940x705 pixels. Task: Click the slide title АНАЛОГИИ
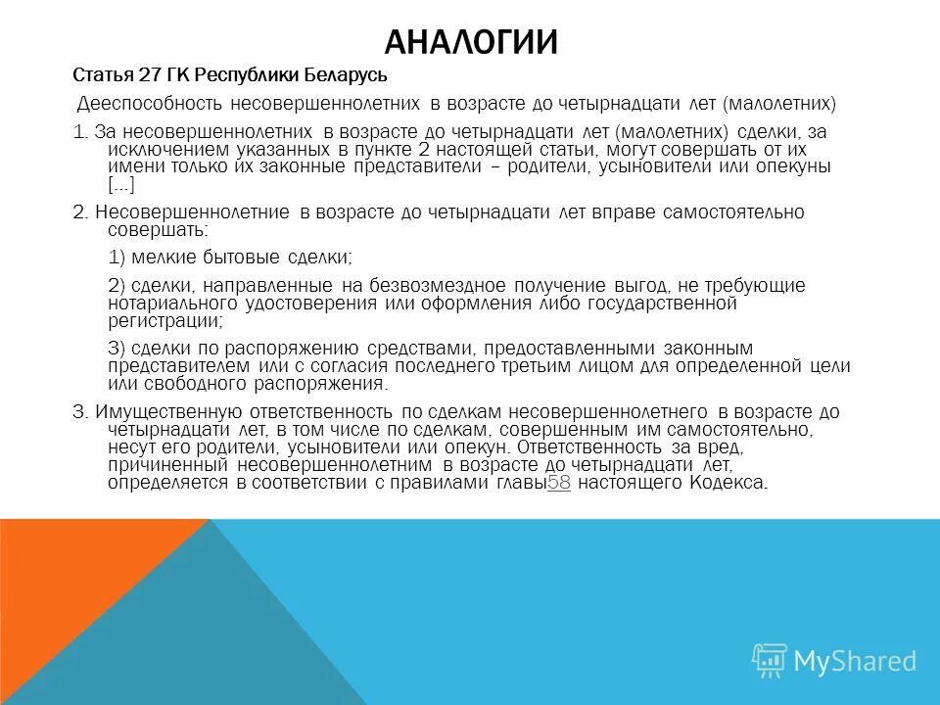471,42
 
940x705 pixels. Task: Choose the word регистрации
164,320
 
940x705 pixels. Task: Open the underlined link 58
558,482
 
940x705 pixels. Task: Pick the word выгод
639,286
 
